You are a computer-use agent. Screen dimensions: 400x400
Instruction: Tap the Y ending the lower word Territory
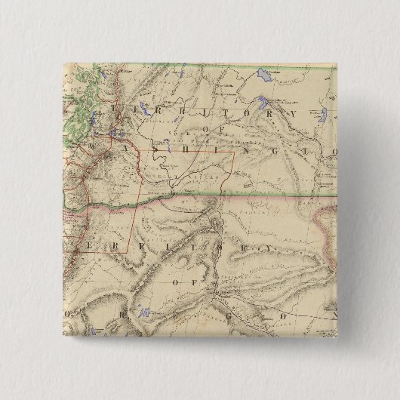(x=266, y=246)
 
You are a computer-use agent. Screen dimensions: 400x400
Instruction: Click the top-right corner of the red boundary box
(x=234, y=153)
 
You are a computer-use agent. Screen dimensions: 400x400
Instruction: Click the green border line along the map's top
(x=226, y=69)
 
